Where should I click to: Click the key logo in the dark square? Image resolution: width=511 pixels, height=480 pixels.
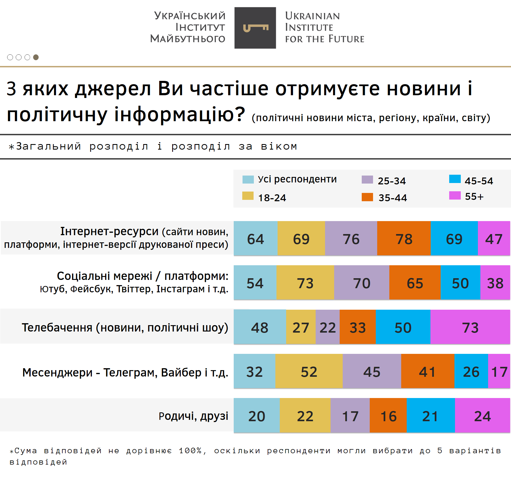click(255, 28)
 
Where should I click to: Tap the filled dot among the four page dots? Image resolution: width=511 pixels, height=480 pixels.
click(36, 57)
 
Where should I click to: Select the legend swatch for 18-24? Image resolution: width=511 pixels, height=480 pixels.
click(248, 196)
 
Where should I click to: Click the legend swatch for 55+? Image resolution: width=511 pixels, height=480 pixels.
click(455, 195)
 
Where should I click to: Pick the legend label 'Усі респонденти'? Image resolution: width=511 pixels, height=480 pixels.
click(297, 179)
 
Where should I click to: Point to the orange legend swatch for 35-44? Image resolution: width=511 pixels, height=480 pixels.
click(367, 197)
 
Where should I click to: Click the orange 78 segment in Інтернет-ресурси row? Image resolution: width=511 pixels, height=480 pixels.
click(404, 238)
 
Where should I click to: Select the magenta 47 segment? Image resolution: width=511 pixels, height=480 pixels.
click(494, 238)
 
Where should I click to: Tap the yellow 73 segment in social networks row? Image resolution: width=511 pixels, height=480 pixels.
click(305, 283)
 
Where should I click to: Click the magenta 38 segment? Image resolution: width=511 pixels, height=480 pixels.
click(495, 283)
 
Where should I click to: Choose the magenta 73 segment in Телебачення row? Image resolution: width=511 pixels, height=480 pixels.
click(470, 327)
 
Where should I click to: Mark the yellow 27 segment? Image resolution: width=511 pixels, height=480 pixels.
click(301, 327)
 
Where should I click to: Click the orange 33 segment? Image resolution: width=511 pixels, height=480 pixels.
click(358, 327)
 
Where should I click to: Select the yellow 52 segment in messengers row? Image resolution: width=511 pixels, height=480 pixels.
click(309, 371)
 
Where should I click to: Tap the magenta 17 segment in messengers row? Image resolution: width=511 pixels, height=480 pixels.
click(499, 371)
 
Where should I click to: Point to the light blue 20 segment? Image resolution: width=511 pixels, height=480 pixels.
click(257, 415)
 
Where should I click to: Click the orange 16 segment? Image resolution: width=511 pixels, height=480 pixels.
click(388, 415)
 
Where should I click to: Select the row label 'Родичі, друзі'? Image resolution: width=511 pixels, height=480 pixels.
click(193, 416)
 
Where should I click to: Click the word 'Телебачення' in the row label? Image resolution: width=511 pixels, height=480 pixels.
click(57, 327)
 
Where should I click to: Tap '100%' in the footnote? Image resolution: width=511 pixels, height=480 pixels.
click(190, 450)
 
